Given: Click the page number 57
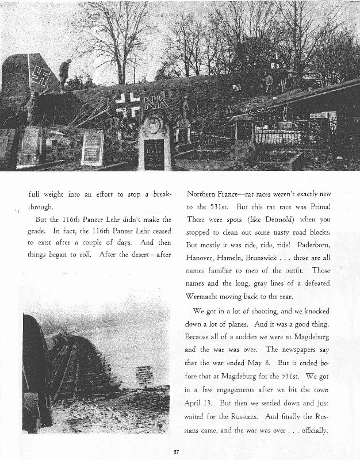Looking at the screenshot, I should click(x=177, y=451).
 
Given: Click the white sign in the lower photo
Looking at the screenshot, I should click(x=144, y=377).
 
